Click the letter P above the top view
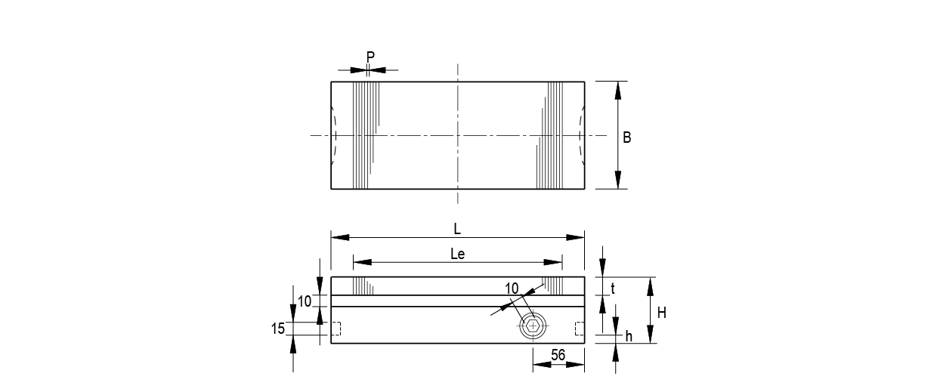pos(370,57)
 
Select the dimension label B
pos(626,138)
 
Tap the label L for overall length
pos(457,229)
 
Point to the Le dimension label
pos(457,255)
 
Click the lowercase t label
pos(613,288)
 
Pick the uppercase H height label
pos(661,311)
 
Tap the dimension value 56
pos(558,355)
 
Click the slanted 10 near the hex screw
pos(512,288)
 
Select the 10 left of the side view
pos(305,301)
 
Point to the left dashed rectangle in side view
pos(336,329)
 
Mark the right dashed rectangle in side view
pos(580,329)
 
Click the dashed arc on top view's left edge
pos(333,135)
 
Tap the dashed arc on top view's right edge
pos(581,135)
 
